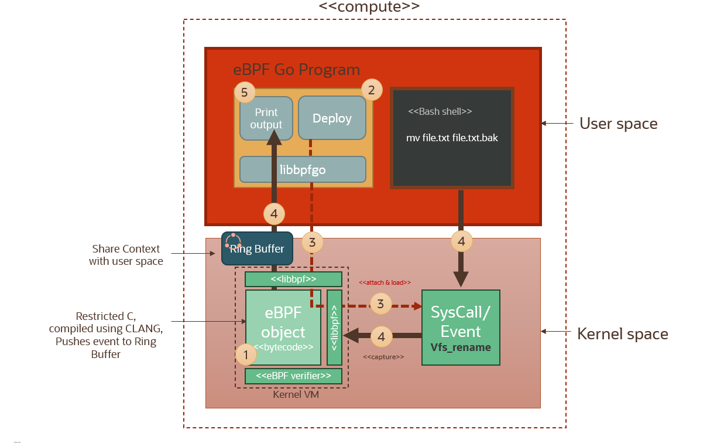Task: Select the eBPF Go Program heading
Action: pos(296,70)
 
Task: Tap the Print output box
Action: pos(266,118)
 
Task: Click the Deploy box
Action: pos(332,118)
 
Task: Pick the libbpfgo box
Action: pos(303,170)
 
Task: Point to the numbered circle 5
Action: pos(245,92)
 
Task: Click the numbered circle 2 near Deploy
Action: pos(371,90)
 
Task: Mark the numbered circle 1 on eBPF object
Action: pos(246,355)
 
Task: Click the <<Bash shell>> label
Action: pos(440,111)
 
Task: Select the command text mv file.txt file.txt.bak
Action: pos(452,138)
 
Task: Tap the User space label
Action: pos(618,124)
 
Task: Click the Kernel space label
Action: pos(622,334)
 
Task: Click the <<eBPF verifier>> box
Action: pos(293,376)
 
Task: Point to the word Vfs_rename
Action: pos(461,347)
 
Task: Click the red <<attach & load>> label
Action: pos(385,282)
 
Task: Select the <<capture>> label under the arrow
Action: pos(383,356)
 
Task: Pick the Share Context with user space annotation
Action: pos(125,255)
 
